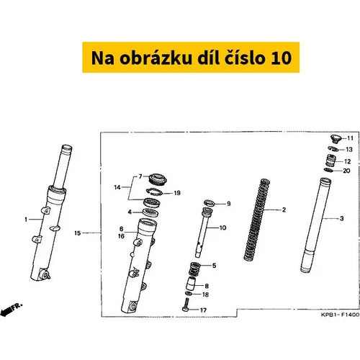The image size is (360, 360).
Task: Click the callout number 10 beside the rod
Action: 223,228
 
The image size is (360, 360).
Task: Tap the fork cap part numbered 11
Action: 336,139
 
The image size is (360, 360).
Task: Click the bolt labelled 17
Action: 186,305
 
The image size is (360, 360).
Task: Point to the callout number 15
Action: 78,233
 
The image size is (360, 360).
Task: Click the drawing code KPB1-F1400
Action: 340,315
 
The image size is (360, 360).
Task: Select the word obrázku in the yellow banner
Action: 156,58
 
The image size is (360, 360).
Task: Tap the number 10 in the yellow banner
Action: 282,58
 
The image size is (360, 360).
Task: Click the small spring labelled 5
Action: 194,269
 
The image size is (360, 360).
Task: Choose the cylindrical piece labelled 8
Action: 191,283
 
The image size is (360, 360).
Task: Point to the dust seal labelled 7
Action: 158,179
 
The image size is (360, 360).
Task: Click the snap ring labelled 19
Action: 154,192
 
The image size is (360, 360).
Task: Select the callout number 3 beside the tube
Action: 341,218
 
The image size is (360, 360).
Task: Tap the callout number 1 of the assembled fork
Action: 26,220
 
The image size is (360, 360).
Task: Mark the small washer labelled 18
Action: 189,294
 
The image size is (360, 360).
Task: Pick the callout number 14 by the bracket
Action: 117,187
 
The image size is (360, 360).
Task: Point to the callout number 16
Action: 121,236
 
